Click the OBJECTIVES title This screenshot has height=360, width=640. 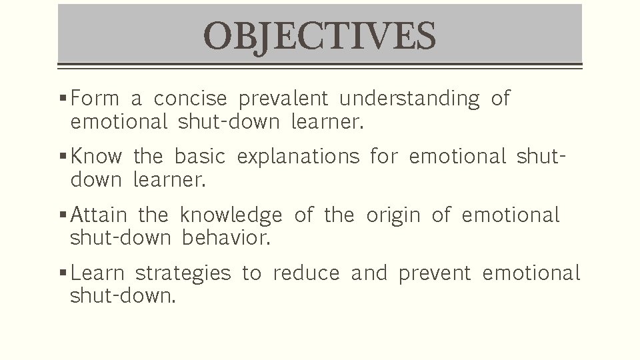319,36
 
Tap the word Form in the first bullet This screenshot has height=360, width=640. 94,99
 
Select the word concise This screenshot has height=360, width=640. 191,99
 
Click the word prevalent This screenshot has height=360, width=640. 283,99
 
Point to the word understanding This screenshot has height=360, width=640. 409,99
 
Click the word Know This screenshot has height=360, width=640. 96,157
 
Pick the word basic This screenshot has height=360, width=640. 200,157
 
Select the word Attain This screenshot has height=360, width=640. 99,215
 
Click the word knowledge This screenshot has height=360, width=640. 231,216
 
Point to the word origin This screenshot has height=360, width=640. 393,216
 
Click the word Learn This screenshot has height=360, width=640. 97,273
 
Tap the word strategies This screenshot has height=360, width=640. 183,274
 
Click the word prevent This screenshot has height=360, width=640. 435,274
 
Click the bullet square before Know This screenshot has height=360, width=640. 62,158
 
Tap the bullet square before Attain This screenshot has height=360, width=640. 62,216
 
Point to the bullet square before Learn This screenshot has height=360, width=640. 62,274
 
